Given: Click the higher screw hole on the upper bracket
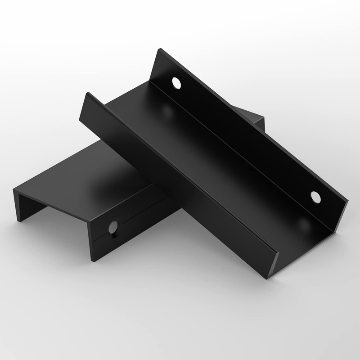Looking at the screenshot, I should [x=176, y=83].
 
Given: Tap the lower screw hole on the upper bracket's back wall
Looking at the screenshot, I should [x=316, y=197].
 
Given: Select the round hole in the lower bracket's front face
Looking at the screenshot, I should [x=113, y=227].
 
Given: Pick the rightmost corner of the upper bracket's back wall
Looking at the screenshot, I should [x=349, y=201].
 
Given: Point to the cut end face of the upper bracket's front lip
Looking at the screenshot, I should [x=274, y=265].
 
